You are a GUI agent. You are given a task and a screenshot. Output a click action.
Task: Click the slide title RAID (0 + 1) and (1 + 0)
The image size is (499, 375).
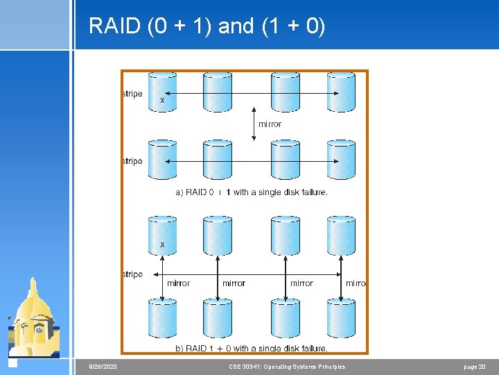207,26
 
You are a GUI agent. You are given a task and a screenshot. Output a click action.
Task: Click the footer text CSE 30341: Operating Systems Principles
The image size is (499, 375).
286,367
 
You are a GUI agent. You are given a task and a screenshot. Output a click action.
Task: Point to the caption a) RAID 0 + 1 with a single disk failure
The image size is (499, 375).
252,192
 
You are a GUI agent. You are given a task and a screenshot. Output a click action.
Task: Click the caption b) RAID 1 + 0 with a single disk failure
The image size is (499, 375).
252,348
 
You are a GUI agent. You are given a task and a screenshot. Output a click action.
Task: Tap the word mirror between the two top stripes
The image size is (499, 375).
270,124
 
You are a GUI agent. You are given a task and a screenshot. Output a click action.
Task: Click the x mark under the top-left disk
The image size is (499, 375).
163,101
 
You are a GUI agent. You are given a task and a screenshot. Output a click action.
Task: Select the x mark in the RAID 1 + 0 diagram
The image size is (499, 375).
163,244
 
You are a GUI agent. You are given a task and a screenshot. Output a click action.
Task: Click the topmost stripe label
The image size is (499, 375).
132,94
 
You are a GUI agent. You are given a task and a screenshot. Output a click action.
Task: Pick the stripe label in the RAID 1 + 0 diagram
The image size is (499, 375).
132,274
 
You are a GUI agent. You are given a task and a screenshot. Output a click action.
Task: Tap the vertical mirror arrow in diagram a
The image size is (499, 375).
254,124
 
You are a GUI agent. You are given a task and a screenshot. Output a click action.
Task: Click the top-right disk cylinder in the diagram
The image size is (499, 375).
341,92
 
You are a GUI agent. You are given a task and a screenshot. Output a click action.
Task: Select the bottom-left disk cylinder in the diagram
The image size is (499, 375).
163,318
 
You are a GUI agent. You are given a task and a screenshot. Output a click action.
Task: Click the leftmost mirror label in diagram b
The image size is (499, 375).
178,283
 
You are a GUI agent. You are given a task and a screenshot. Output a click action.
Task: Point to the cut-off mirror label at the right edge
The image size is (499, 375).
356,283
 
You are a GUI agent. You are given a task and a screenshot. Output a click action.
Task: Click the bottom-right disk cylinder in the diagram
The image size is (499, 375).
341,318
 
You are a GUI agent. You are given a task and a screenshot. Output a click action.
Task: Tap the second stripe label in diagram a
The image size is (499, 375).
132,161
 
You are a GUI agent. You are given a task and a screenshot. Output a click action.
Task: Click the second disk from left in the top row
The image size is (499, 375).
218,92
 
